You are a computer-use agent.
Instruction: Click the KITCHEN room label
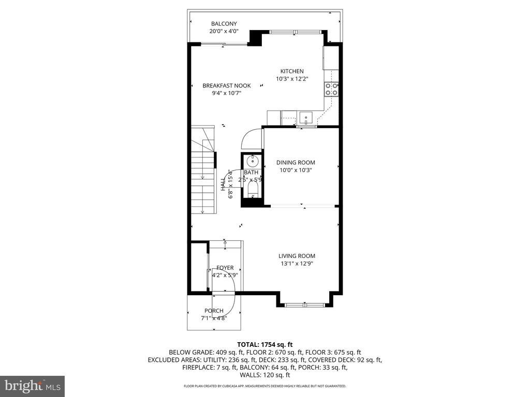[x=292, y=71]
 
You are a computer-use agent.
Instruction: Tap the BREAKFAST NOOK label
[x=226, y=86]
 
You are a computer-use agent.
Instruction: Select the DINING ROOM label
[x=295, y=162]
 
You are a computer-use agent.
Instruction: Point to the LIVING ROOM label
[x=297, y=256]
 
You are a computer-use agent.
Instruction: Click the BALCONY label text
[x=224, y=24]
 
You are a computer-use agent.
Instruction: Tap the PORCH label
[x=214, y=311]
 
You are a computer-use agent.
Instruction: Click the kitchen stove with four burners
[x=331, y=89]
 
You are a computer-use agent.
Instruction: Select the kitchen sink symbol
[x=306, y=118]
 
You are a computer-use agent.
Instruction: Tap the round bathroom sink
[x=252, y=160]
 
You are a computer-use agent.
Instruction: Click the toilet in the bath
[x=252, y=192]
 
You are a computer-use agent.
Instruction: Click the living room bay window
[x=305, y=304]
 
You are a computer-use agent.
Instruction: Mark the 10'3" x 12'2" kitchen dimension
[x=292, y=79]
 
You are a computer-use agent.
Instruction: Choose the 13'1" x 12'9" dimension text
[x=297, y=264]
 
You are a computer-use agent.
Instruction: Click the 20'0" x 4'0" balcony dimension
[x=224, y=32]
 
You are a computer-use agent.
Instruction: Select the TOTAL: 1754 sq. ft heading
[x=265, y=344]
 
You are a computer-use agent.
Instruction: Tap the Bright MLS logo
[x=32, y=386]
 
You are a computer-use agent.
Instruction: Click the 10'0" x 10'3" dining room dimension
[x=295, y=170]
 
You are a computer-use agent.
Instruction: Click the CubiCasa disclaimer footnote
[x=265, y=386]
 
